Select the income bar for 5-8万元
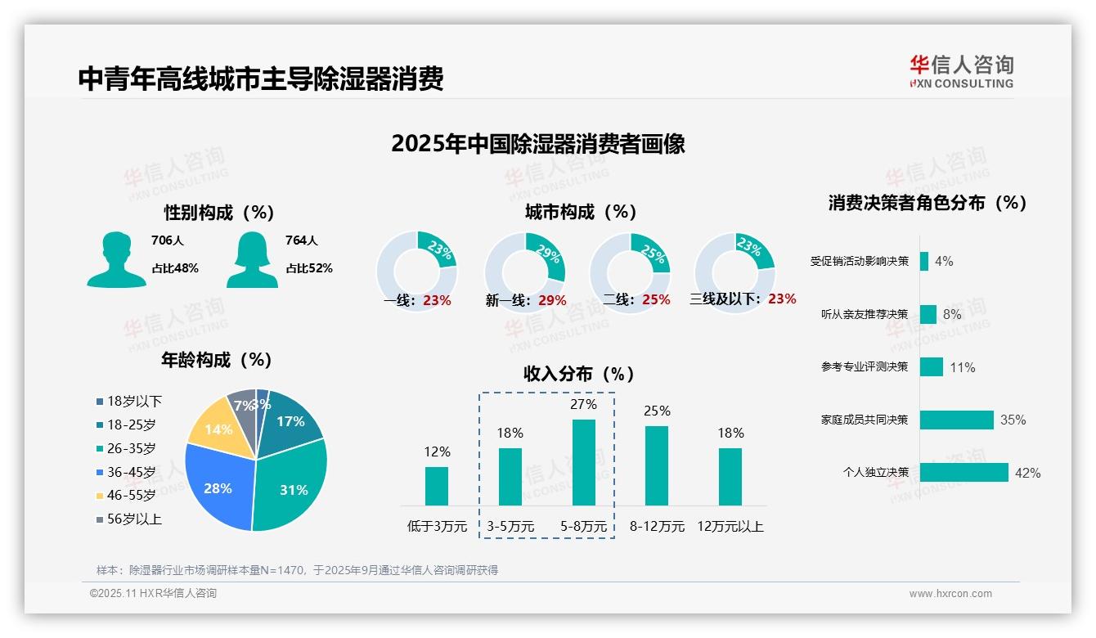pos(583,462)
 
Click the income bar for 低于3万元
pos(437,486)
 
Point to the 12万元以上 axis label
pos(730,527)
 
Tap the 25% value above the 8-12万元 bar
pos(657,411)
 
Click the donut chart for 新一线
pos(524,272)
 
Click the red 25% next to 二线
pos(656,300)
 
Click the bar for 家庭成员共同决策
pos(956,420)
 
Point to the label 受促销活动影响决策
pos(859,262)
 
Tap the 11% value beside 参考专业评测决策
pos(963,368)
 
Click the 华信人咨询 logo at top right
pos(961,71)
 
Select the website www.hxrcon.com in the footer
pos(950,594)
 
